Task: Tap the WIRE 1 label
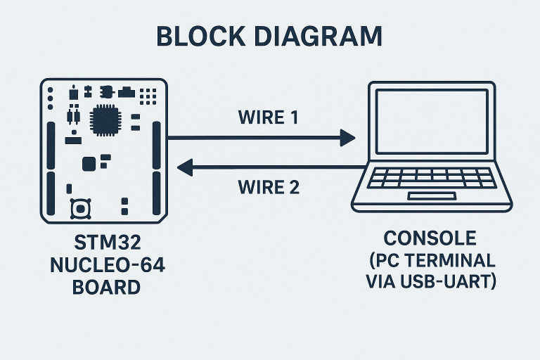[269, 117]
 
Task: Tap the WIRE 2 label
[269, 188]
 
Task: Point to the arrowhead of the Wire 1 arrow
[347, 138]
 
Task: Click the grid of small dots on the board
[148, 94]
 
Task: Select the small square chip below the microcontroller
[89, 164]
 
